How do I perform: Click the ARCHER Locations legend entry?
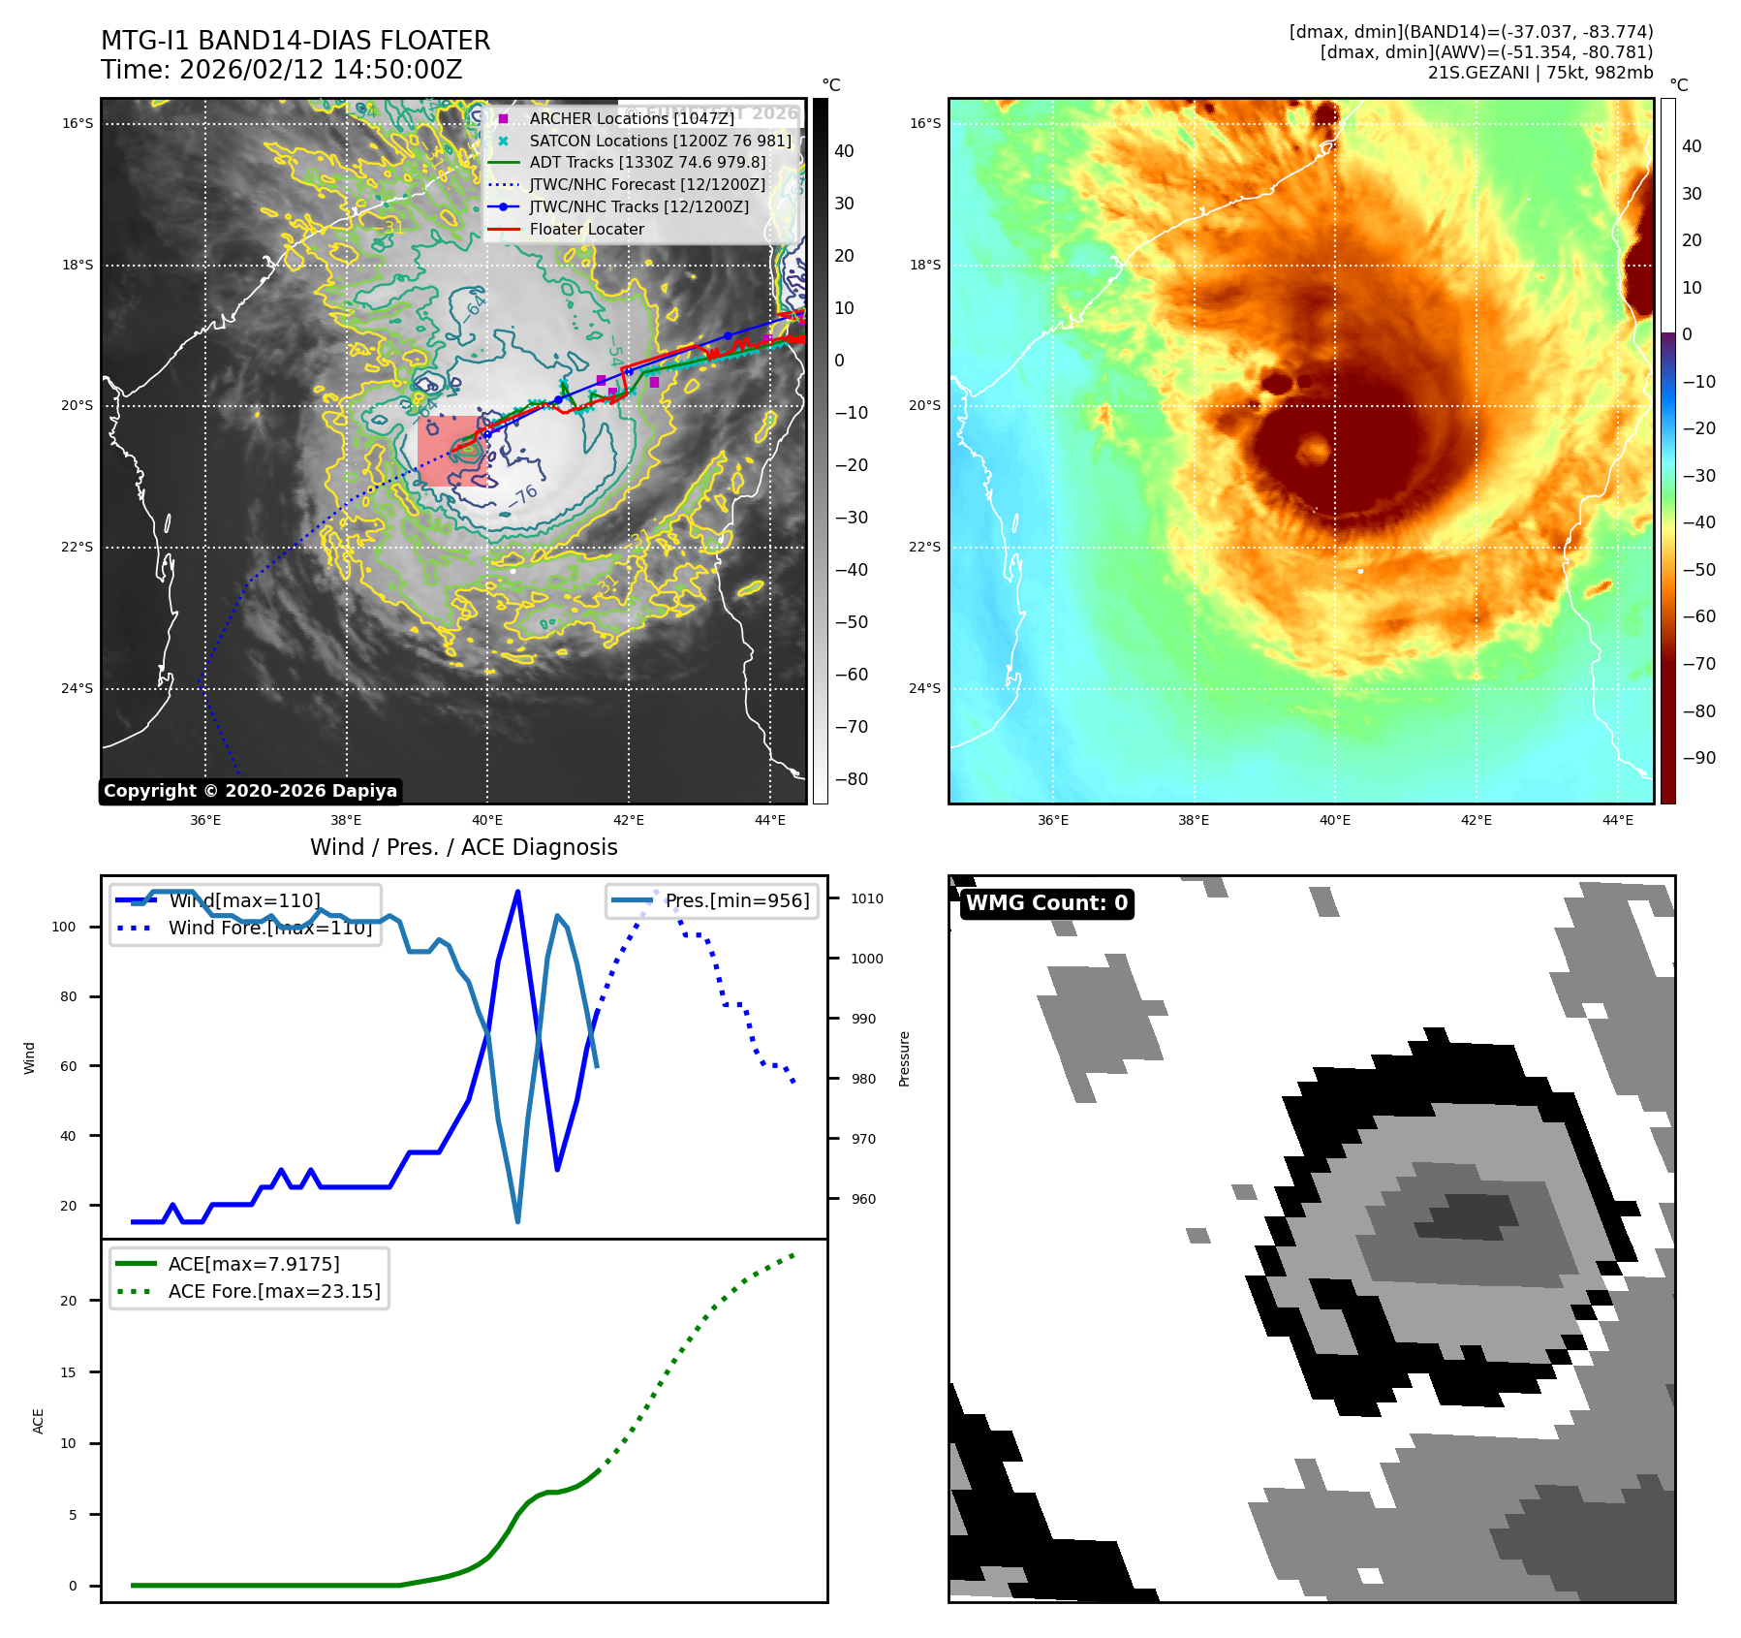[631, 118]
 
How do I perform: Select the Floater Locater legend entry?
[586, 230]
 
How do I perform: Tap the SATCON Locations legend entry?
[660, 141]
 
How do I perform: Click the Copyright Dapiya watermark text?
[250, 791]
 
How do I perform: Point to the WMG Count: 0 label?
[1046, 903]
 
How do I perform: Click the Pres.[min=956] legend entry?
[736, 900]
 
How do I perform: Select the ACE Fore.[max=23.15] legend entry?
[274, 1291]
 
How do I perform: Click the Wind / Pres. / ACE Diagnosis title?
[463, 847]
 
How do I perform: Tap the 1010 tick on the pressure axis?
[867, 898]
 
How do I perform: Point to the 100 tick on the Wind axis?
[64, 927]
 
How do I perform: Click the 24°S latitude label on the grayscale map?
[78, 689]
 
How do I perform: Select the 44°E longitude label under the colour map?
[1617, 820]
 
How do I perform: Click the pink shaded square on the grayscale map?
[451, 451]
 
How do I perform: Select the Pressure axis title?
[904, 1058]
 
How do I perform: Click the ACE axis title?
[39, 1421]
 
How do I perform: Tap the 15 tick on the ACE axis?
[68, 1372]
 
